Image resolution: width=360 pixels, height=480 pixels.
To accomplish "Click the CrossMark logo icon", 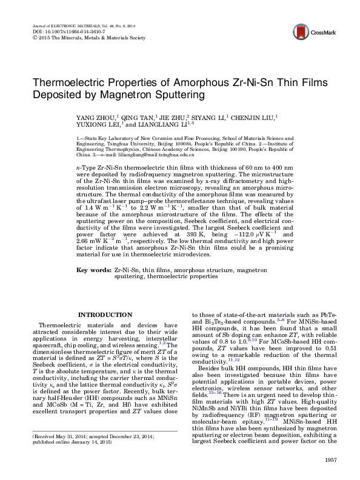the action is tap(309, 32).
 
